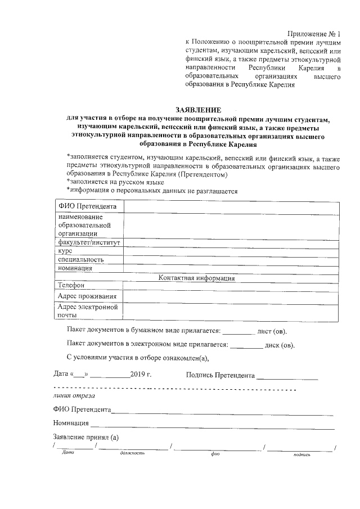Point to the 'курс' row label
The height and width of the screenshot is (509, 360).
click(x=65, y=251)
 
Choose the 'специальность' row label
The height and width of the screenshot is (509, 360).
click(x=81, y=260)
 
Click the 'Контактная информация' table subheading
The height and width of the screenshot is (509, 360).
click(x=196, y=278)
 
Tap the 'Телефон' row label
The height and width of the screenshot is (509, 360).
click(x=71, y=286)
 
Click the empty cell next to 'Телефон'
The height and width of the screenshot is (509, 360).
click(x=230, y=286)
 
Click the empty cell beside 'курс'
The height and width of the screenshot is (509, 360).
click(x=230, y=251)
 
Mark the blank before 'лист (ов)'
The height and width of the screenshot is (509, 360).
click(x=239, y=331)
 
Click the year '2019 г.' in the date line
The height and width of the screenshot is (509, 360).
click(x=141, y=374)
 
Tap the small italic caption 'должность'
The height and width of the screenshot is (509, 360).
click(x=133, y=453)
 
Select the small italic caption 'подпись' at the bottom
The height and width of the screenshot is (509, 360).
click(x=302, y=453)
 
